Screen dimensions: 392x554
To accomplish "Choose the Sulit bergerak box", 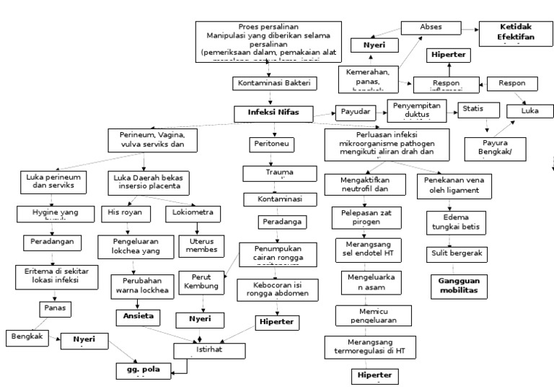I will [457, 253].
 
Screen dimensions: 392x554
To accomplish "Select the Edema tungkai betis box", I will [456, 223].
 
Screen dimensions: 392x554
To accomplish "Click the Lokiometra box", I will [193, 214].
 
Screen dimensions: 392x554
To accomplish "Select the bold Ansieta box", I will [138, 316].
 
